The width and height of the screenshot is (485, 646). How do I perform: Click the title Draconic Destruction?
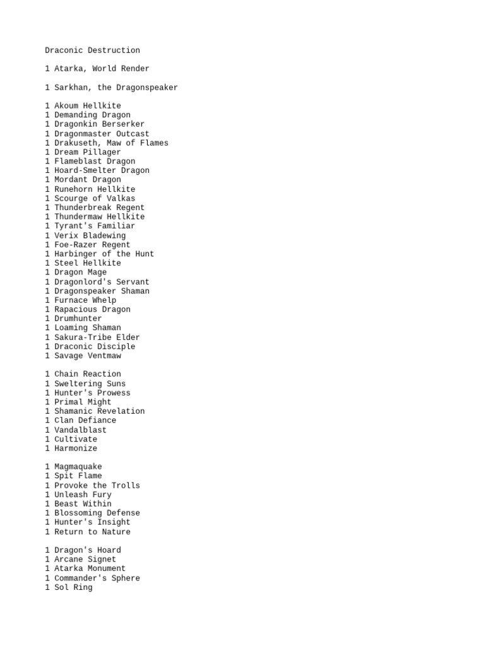tap(92, 50)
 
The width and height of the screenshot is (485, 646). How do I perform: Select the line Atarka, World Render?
tap(97, 69)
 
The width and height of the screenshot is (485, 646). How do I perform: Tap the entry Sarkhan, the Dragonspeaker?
tap(111, 88)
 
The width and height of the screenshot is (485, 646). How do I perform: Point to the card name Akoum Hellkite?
tap(83, 106)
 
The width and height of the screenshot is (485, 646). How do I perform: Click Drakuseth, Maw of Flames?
tap(107, 143)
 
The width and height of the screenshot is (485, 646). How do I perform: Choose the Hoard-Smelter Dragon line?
tap(97, 170)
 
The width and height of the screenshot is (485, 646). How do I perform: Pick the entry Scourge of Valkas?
tap(90, 199)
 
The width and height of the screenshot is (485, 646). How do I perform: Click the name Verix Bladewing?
tap(85, 235)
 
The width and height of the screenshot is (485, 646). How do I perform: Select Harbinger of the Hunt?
tap(100, 254)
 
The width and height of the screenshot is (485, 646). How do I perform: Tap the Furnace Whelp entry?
tap(81, 300)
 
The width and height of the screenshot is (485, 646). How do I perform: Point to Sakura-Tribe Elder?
tap(92, 338)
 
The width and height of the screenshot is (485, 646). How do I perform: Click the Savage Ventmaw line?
tap(83, 356)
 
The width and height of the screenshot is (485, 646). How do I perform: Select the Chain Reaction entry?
tap(83, 374)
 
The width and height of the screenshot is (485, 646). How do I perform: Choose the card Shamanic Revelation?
tap(95, 411)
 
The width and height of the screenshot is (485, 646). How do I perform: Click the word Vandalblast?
tap(76, 430)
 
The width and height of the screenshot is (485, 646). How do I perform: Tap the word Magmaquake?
tap(73, 467)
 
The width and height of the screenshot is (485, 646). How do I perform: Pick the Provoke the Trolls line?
tap(92, 486)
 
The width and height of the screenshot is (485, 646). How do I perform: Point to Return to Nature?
tap(88, 532)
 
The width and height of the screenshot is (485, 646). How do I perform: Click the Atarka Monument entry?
tap(85, 568)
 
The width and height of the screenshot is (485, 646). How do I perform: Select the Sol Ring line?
tap(69, 587)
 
